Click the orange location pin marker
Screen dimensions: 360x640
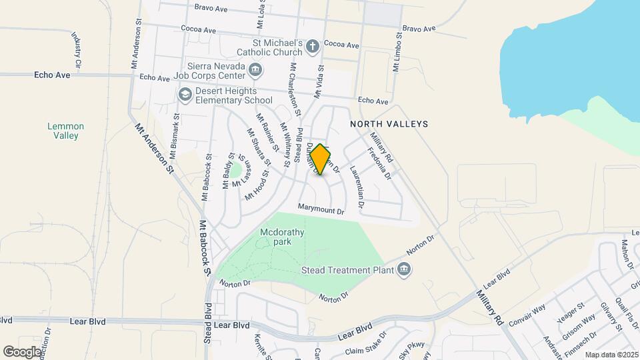click(321, 159)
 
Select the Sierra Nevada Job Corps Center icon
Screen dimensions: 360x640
click(255, 70)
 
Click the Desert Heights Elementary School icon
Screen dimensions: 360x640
click(185, 95)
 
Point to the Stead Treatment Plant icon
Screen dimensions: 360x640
click(403, 269)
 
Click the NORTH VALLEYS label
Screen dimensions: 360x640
click(389, 124)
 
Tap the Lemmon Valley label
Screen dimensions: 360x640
click(66, 131)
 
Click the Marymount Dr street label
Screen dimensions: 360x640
click(321, 211)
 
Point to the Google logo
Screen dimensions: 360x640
click(23, 351)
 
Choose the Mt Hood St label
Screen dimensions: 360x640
click(256, 185)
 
